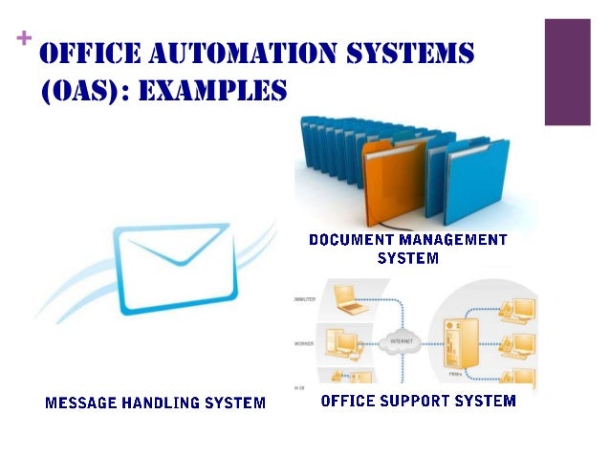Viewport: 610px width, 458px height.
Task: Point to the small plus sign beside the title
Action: tap(24, 38)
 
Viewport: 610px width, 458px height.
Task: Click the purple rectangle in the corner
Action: tap(567, 72)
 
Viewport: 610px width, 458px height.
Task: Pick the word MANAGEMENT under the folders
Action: tap(448, 240)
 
